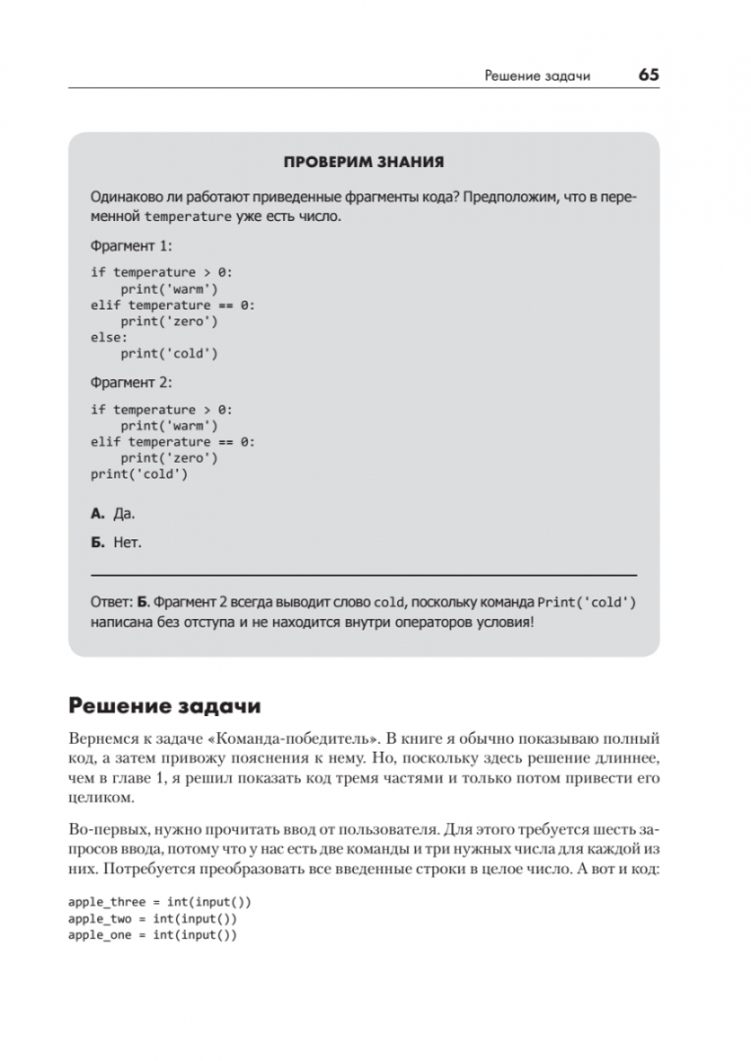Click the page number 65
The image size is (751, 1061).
[648, 76]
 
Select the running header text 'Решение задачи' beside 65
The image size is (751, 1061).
[538, 77]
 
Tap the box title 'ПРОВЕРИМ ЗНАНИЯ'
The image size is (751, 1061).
[363, 161]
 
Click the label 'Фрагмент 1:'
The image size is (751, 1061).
[131, 246]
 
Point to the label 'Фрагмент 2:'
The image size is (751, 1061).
[131, 382]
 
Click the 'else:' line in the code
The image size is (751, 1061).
[109, 337]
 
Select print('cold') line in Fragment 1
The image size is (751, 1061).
[169, 354]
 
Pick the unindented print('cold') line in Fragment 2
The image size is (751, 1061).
[139, 474]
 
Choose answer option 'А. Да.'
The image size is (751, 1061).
[112, 513]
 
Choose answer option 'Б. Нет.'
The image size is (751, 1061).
[115, 541]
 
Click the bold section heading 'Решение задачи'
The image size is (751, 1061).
[164, 707]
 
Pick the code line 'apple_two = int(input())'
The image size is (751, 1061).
[152, 919]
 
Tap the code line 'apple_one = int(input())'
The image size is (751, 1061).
[152, 935]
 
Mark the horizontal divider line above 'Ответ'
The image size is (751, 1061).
[363, 573]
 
